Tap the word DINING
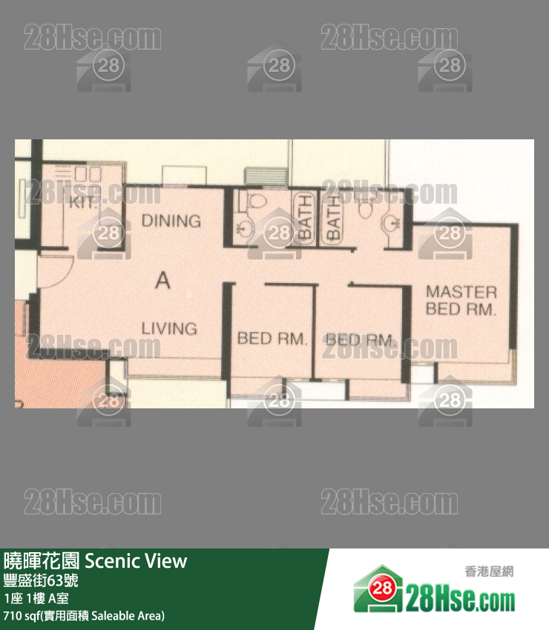(171, 220)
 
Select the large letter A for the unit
(163, 280)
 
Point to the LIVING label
(169, 328)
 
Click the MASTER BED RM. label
(461, 300)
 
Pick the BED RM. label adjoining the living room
(272, 339)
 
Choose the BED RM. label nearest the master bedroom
(359, 340)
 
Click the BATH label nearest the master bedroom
(333, 216)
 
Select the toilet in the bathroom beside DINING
(256, 202)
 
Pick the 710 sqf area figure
(21, 615)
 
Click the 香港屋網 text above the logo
(488, 571)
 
